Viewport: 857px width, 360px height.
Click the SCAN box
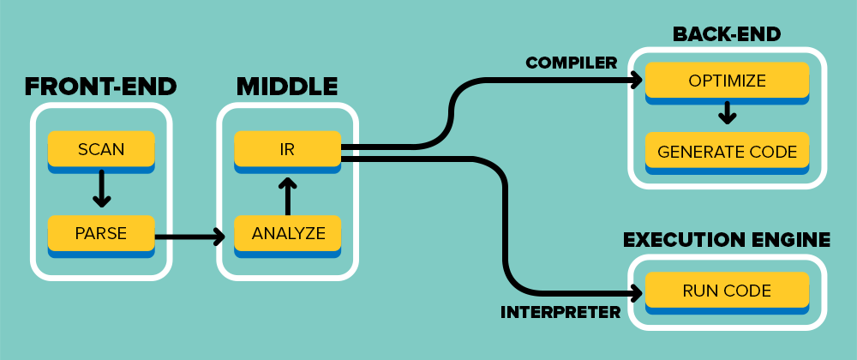click(x=101, y=149)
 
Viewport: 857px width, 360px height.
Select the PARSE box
click(x=101, y=232)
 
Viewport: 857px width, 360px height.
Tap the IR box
click(x=287, y=149)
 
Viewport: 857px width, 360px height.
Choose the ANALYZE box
click(x=287, y=232)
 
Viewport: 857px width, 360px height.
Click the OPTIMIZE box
click(x=727, y=81)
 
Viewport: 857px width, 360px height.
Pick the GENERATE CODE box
click(x=727, y=153)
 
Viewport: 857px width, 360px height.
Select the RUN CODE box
click(x=727, y=291)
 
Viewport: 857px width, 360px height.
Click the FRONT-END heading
click(x=100, y=87)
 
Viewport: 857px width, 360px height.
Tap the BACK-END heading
click(x=727, y=34)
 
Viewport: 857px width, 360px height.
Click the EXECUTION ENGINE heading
click(x=727, y=239)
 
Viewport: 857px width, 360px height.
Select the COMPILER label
click(x=572, y=63)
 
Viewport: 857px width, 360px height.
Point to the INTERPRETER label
click(x=560, y=311)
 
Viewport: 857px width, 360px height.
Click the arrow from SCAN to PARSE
click(x=101, y=189)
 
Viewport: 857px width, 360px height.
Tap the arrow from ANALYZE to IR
click(x=287, y=195)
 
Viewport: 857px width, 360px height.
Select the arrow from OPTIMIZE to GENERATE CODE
click(x=727, y=113)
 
